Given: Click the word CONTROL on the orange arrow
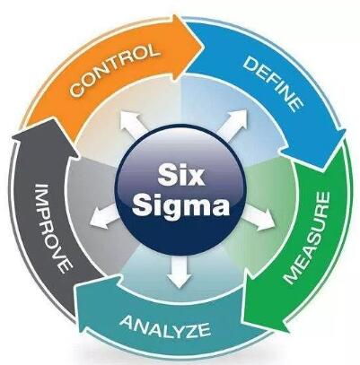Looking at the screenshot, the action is click(114, 70).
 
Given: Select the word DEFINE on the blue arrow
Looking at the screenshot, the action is click(273, 84).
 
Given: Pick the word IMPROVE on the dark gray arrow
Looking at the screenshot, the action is click(54, 229).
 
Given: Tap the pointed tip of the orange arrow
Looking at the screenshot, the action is click(205, 47).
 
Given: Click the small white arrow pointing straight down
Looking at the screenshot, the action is click(180, 272).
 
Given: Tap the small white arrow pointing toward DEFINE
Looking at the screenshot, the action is click(233, 125).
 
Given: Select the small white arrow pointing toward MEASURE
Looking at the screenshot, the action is click(259, 218).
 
